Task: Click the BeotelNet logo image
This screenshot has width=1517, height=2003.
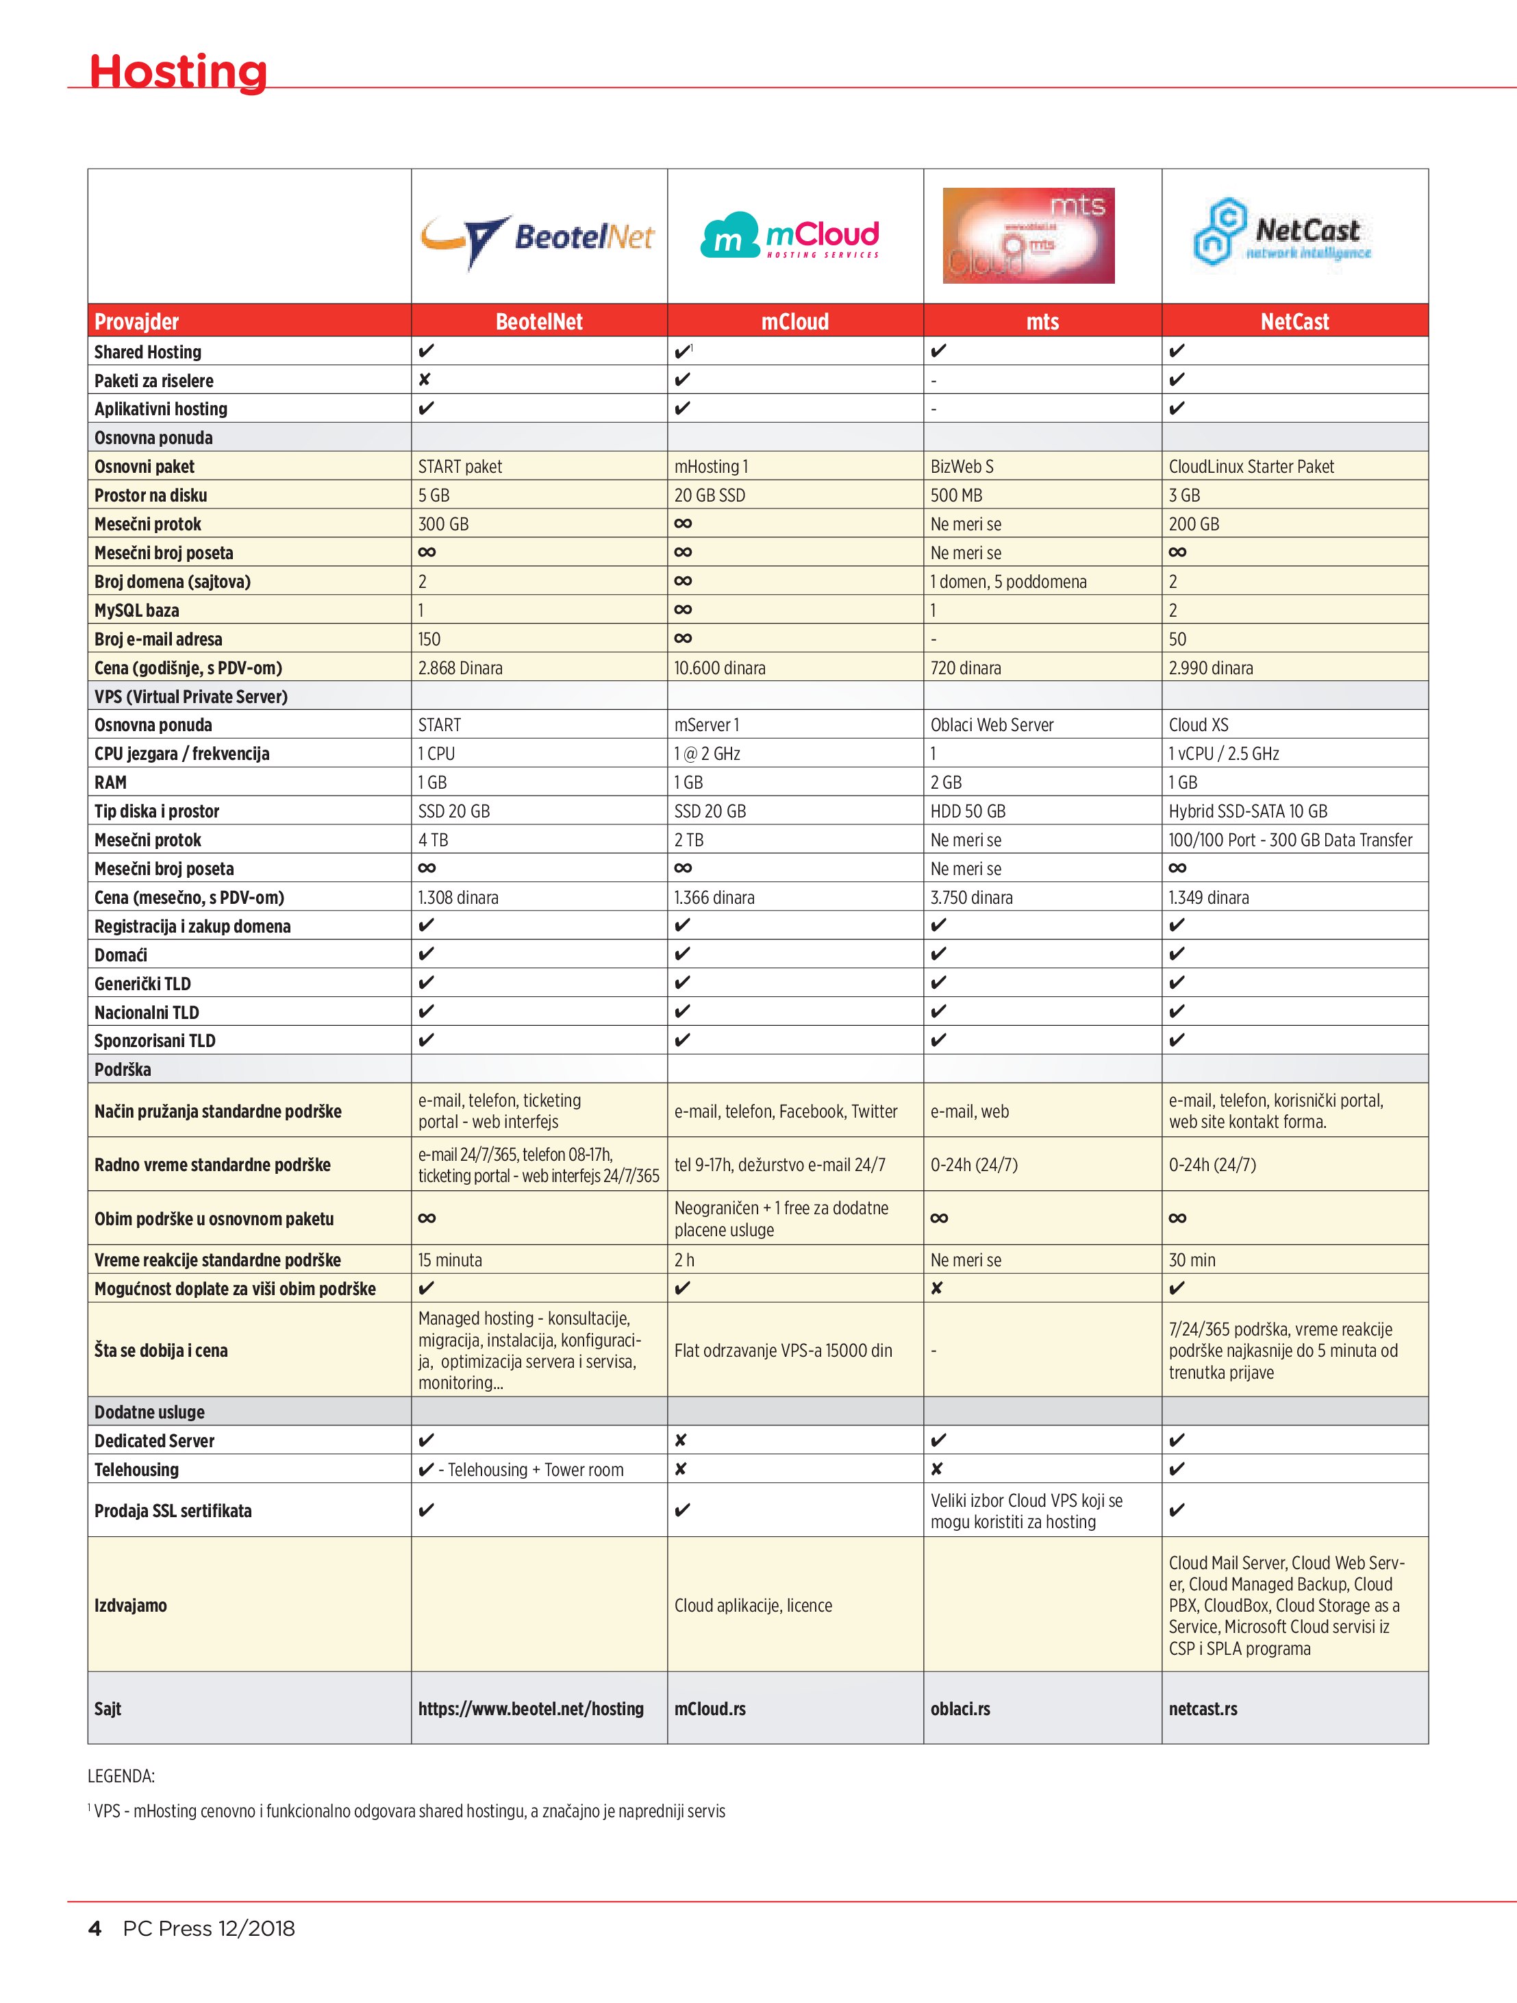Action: [x=538, y=238]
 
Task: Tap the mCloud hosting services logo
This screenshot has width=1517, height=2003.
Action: [x=790, y=236]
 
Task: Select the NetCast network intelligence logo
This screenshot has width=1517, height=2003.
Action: [x=1283, y=234]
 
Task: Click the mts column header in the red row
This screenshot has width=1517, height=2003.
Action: [x=1042, y=321]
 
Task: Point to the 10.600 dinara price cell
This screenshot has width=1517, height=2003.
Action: [x=720, y=668]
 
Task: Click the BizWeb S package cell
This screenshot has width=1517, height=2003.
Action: [x=962, y=467]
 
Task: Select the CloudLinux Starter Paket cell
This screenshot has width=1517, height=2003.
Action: [x=1251, y=467]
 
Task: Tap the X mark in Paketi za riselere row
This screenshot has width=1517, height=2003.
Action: [x=425, y=380]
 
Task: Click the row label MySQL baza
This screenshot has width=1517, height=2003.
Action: [x=137, y=611]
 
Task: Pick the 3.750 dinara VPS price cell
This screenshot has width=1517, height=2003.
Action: [x=971, y=898]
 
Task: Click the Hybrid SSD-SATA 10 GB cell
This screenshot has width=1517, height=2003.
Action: [x=1247, y=811]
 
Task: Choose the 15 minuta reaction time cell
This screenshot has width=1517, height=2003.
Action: [x=450, y=1259]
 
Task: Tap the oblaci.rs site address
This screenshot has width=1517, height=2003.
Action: [x=960, y=1709]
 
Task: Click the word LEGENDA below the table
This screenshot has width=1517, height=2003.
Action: [x=121, y=1777]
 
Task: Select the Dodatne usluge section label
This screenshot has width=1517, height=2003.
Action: [x=149, y=1412]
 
